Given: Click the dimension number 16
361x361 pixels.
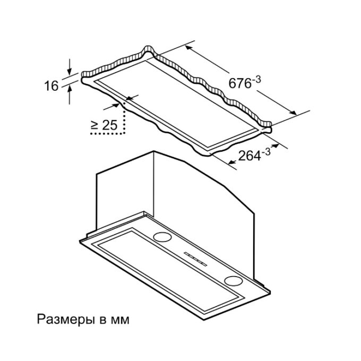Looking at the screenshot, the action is tap(51, 86).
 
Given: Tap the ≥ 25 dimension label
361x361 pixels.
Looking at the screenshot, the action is tap(104, 125).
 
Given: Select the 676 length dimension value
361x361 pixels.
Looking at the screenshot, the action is tap(240, 83).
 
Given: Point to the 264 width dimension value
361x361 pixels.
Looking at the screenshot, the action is tap(250, 156).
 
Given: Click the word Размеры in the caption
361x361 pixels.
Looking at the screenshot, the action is tap(66, 320).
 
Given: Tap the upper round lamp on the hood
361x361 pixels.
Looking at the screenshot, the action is tap(162, 237).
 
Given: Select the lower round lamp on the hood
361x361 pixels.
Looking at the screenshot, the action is tap(234, 281).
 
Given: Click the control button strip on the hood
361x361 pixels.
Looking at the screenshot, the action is tap(195, 259).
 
